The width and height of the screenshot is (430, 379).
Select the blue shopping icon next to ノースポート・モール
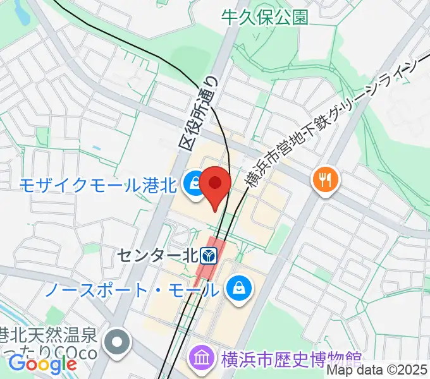tap(240, 289)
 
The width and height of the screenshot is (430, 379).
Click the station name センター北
tap(158, 256)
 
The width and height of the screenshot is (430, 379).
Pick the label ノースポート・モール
tap(132, 290)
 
